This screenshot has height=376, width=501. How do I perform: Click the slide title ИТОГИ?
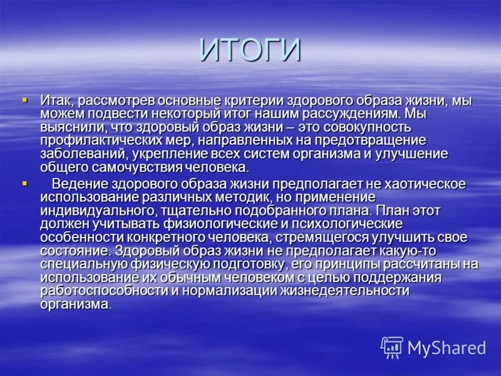click(x=250, y=50)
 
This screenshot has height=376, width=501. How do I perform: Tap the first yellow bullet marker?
click(x=25, y=99)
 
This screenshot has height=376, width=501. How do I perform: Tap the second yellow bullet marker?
click(x=25, y=183)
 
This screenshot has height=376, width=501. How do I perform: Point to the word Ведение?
click(x=76, y=184)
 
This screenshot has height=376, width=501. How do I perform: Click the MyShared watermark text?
click(x=447, y=348)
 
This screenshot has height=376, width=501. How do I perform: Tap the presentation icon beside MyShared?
click(x=392, y=347)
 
